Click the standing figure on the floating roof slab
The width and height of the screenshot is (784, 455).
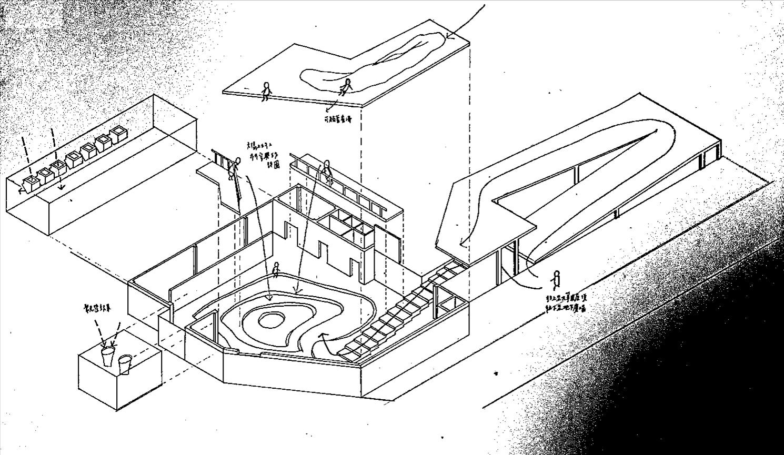[x=266, y=92]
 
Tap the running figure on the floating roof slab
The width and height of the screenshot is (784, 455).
[x=346, y=86]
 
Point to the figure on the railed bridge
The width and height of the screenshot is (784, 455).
[x=327, y=171]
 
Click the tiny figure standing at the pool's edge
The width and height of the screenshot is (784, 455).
[x=275, y=270]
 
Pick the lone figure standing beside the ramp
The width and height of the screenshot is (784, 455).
[x=556, y=279]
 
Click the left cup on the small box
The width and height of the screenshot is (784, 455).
[x=107, y=356]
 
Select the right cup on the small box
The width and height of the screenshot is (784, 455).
[x=125, y=363]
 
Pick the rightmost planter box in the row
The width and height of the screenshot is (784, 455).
[x=116, y=134]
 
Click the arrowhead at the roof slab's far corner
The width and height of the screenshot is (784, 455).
[x=449, y=36]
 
